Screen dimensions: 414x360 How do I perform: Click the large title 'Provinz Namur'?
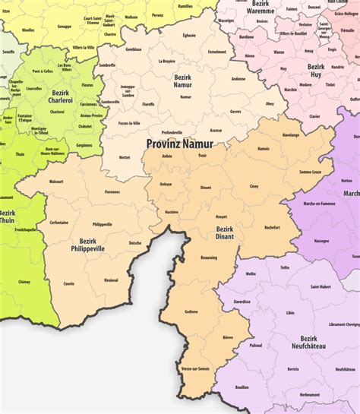tap(179, 144)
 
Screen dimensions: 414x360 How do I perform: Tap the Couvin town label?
tap(69, 283)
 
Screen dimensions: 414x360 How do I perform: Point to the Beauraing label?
tap(208, 258)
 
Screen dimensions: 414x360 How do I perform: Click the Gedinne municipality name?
tap(191, 311)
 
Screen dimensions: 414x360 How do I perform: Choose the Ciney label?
tap(254, 185)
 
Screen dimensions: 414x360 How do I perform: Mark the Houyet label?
tap(221, 216)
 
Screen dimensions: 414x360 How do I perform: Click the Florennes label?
tap(91, 191)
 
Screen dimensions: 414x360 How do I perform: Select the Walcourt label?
tap(56, 182)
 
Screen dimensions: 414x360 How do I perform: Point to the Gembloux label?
tap(134, 49)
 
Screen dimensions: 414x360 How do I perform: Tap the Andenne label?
tap(238, 78)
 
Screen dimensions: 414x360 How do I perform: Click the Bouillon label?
tap(242, 387)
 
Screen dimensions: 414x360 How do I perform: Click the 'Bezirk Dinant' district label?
tap(225, 232)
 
